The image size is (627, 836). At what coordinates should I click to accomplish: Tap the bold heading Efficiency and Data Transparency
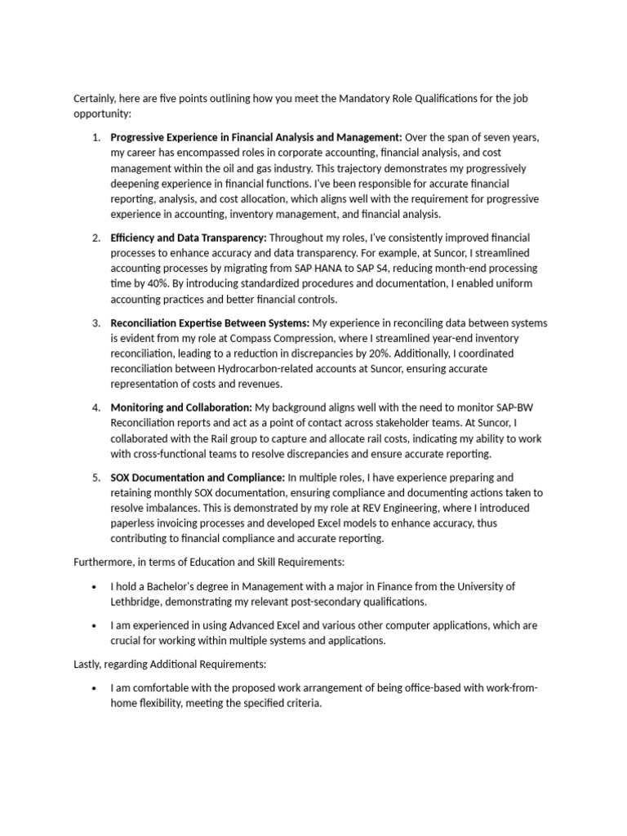tap(189, 238)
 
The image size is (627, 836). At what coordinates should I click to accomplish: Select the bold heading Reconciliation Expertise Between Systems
tap(210, 323)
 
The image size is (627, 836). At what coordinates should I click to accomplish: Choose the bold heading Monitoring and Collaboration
tap(181, 407)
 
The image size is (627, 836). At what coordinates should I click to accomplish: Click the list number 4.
tap(96, 407)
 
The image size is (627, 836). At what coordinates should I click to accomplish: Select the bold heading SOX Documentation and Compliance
tap(198, 478)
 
